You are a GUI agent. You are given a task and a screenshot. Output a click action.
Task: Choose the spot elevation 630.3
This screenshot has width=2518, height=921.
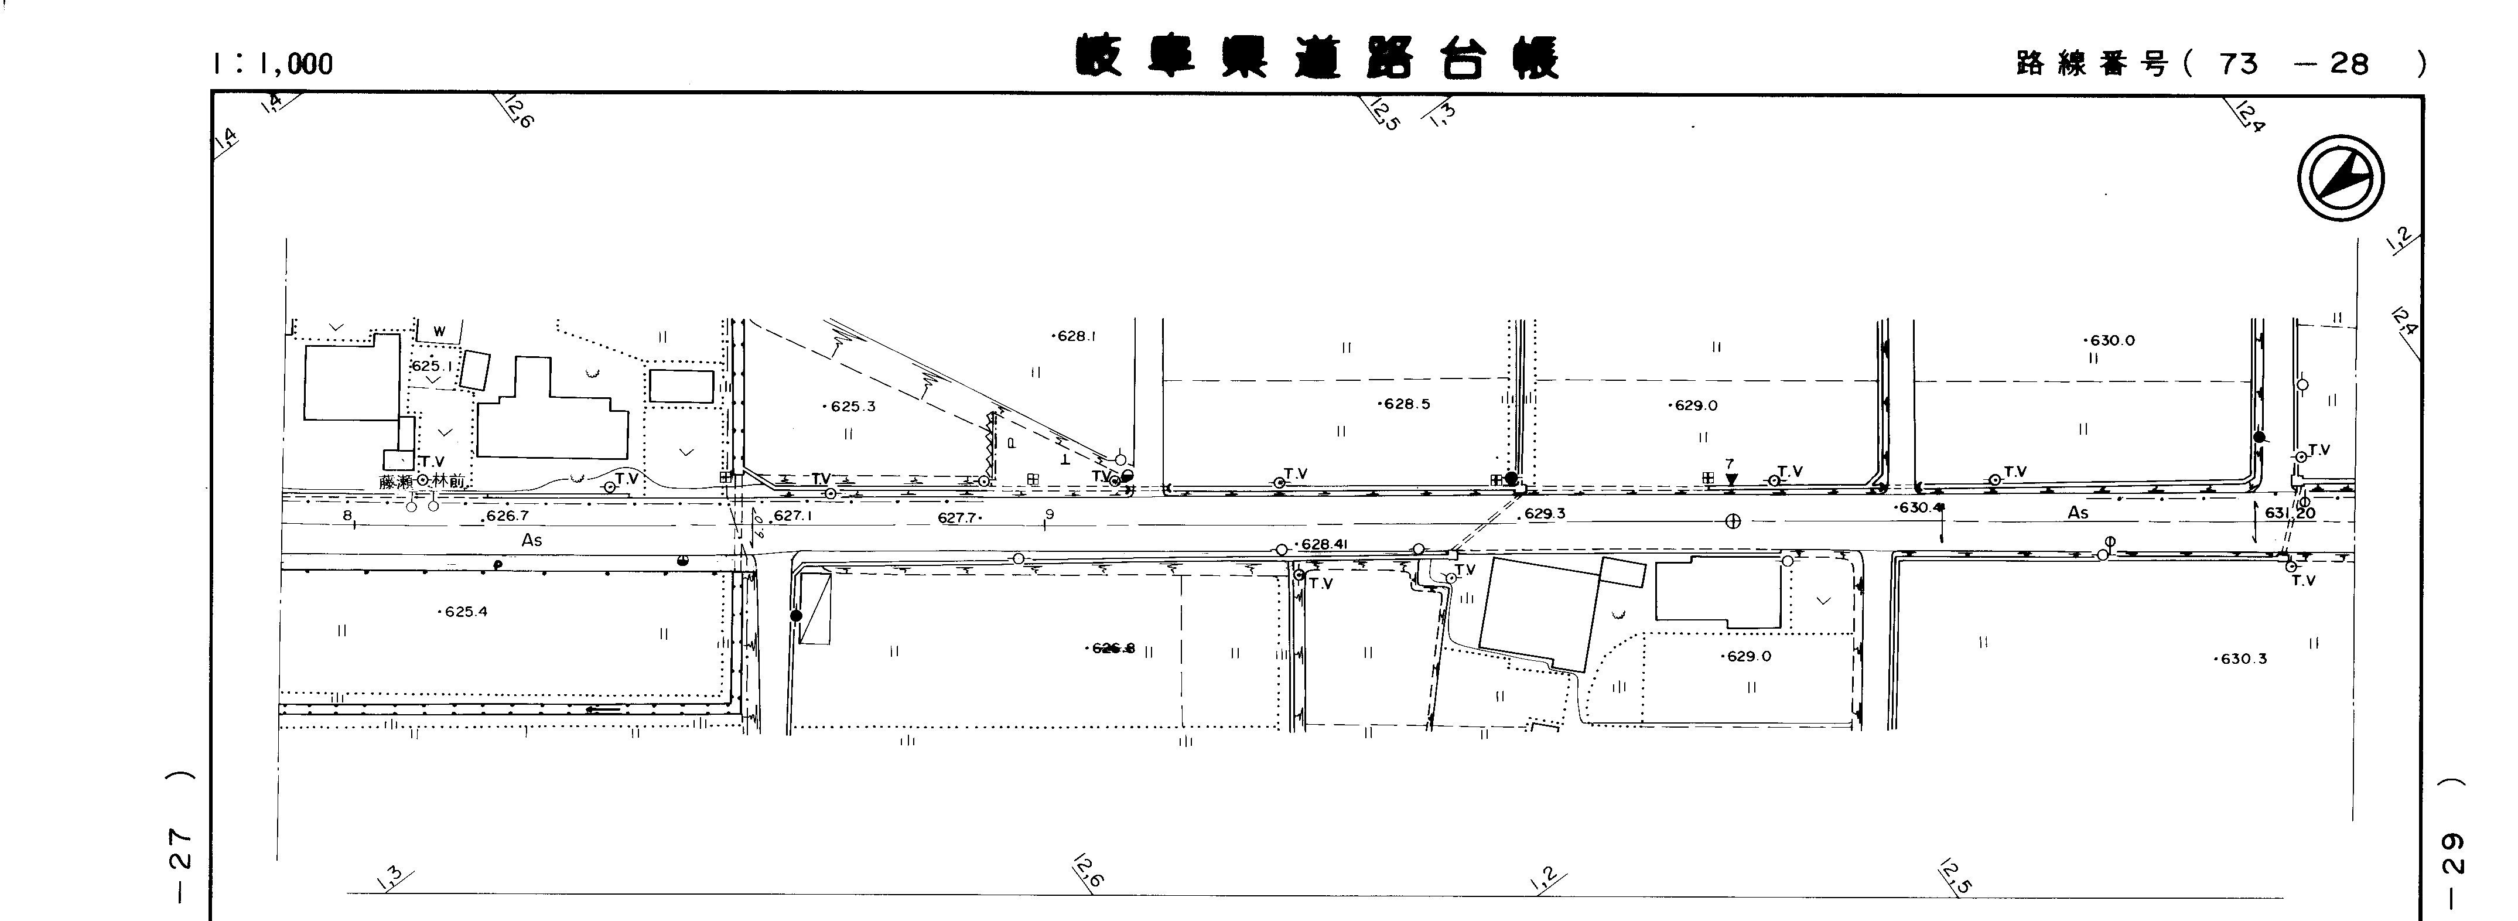click(2240, 659)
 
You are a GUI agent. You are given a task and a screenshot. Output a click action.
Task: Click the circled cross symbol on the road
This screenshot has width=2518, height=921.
click(1732, 521)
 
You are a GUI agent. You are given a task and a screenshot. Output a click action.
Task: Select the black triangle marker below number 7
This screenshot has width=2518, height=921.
click(1731, 479)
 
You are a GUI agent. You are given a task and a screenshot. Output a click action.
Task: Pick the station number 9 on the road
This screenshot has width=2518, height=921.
click(1049, 514)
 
